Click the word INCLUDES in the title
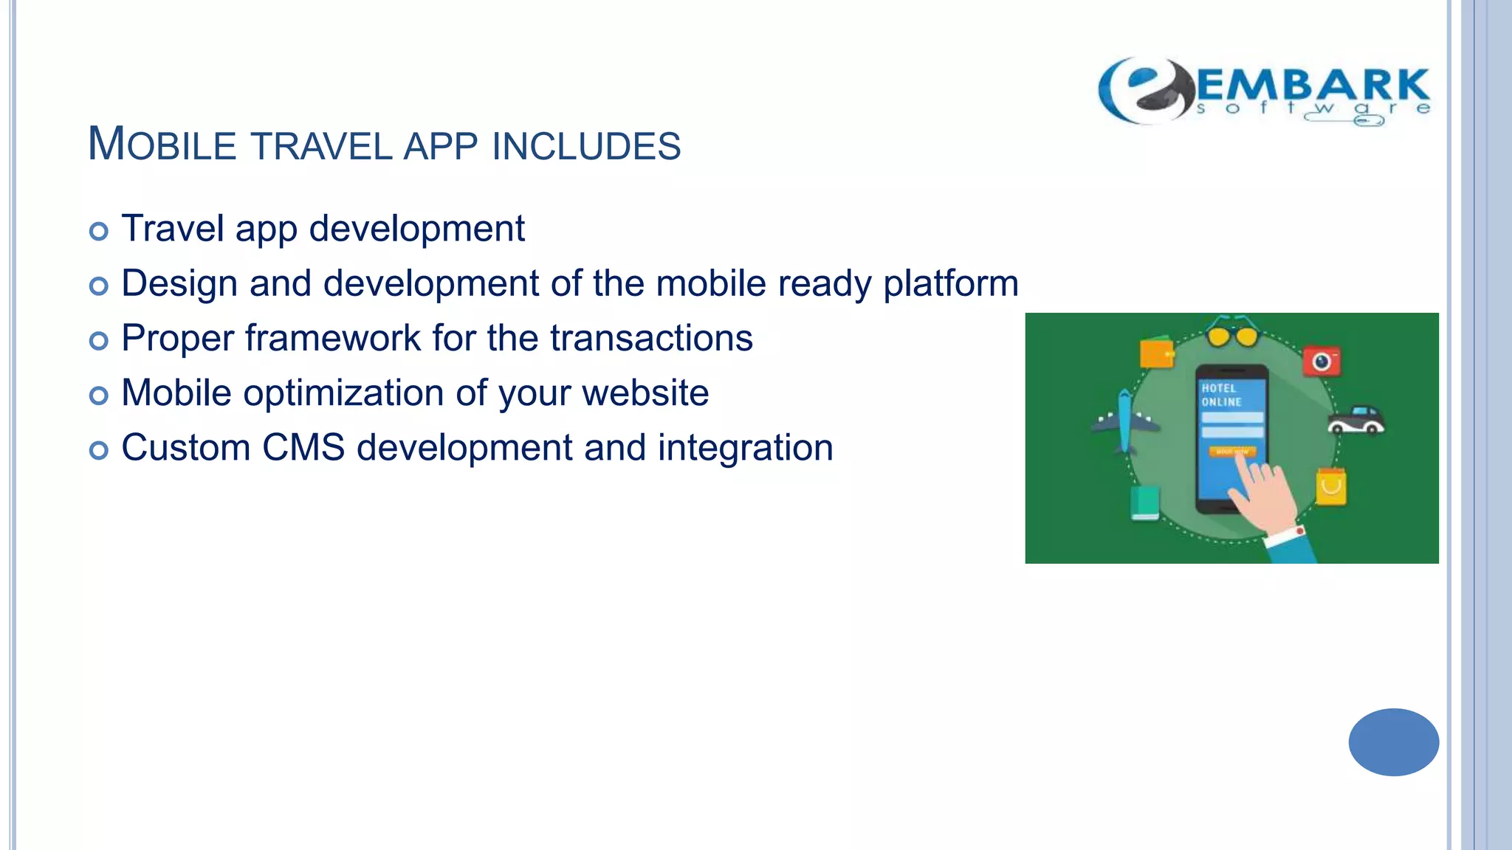tap(586, 146)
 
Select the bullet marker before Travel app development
tap(98, 232)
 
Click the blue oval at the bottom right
tap(1393, 742)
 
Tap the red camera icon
tap(1322, 362)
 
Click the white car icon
tap(1355, 420)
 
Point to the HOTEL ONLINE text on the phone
tap(1221, 395)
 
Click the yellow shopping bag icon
tap(1330, 486)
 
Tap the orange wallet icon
tap(1156, 353)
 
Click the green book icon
tap(1145, 502)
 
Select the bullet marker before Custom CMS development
tap(98, 450)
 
